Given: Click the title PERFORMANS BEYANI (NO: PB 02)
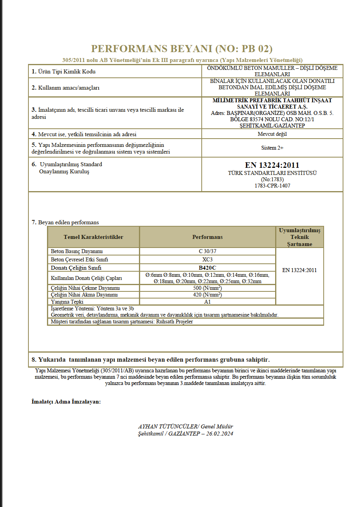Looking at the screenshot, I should click(182, 49).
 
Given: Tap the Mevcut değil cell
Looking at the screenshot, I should click(272, 134).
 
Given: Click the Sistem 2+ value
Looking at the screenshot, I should click(272, 148).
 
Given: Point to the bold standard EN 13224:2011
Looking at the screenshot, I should click(272, 165).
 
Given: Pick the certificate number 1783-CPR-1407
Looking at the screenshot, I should click(272, 186).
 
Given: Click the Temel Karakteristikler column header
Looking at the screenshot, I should click(93, 237).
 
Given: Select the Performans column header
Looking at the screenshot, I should click(207, 237).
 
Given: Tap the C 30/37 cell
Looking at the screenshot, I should click(207, 251).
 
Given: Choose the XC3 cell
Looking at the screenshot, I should click(207, 259).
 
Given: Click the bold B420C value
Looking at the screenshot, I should click(207, 268).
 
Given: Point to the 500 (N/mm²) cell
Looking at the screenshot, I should click(207, 288).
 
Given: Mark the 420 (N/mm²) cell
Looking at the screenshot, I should click(207, 295).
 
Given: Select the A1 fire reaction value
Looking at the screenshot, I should click(207, 302).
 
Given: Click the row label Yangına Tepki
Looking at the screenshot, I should click(67, 302).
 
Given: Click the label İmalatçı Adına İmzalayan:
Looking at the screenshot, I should click(66, 402).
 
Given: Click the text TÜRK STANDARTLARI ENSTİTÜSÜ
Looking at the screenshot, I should click(272, 173).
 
